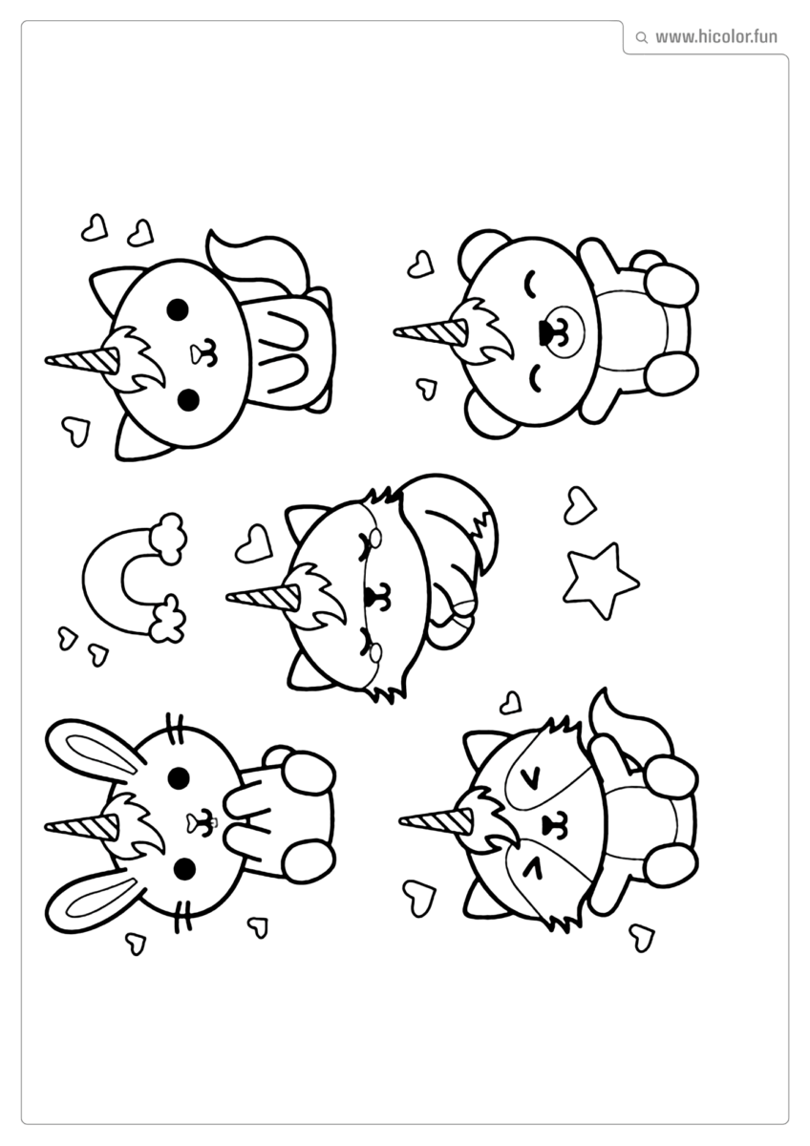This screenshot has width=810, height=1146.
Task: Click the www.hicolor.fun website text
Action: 715,37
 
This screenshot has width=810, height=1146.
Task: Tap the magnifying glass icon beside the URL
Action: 641,38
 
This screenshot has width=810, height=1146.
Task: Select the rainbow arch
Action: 119,578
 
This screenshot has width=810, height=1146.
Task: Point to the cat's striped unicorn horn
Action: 82,360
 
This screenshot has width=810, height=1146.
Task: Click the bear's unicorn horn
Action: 430,331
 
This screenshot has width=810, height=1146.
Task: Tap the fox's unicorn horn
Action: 263,597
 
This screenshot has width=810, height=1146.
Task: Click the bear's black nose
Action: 545,332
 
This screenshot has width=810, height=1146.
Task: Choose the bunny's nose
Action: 202,819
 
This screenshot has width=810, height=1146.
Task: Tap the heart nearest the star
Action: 578,504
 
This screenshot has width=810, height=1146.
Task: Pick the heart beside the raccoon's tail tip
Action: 511,703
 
